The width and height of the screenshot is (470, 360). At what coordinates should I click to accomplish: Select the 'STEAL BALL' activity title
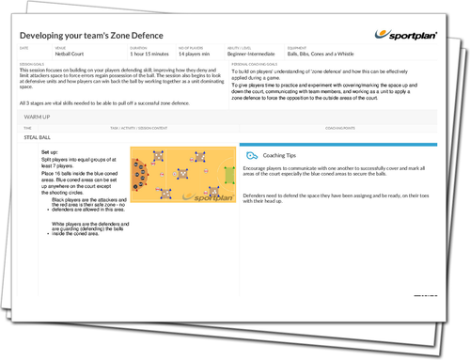pos(37,137)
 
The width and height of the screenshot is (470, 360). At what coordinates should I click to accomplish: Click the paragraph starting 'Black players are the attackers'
pos(86,206)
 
